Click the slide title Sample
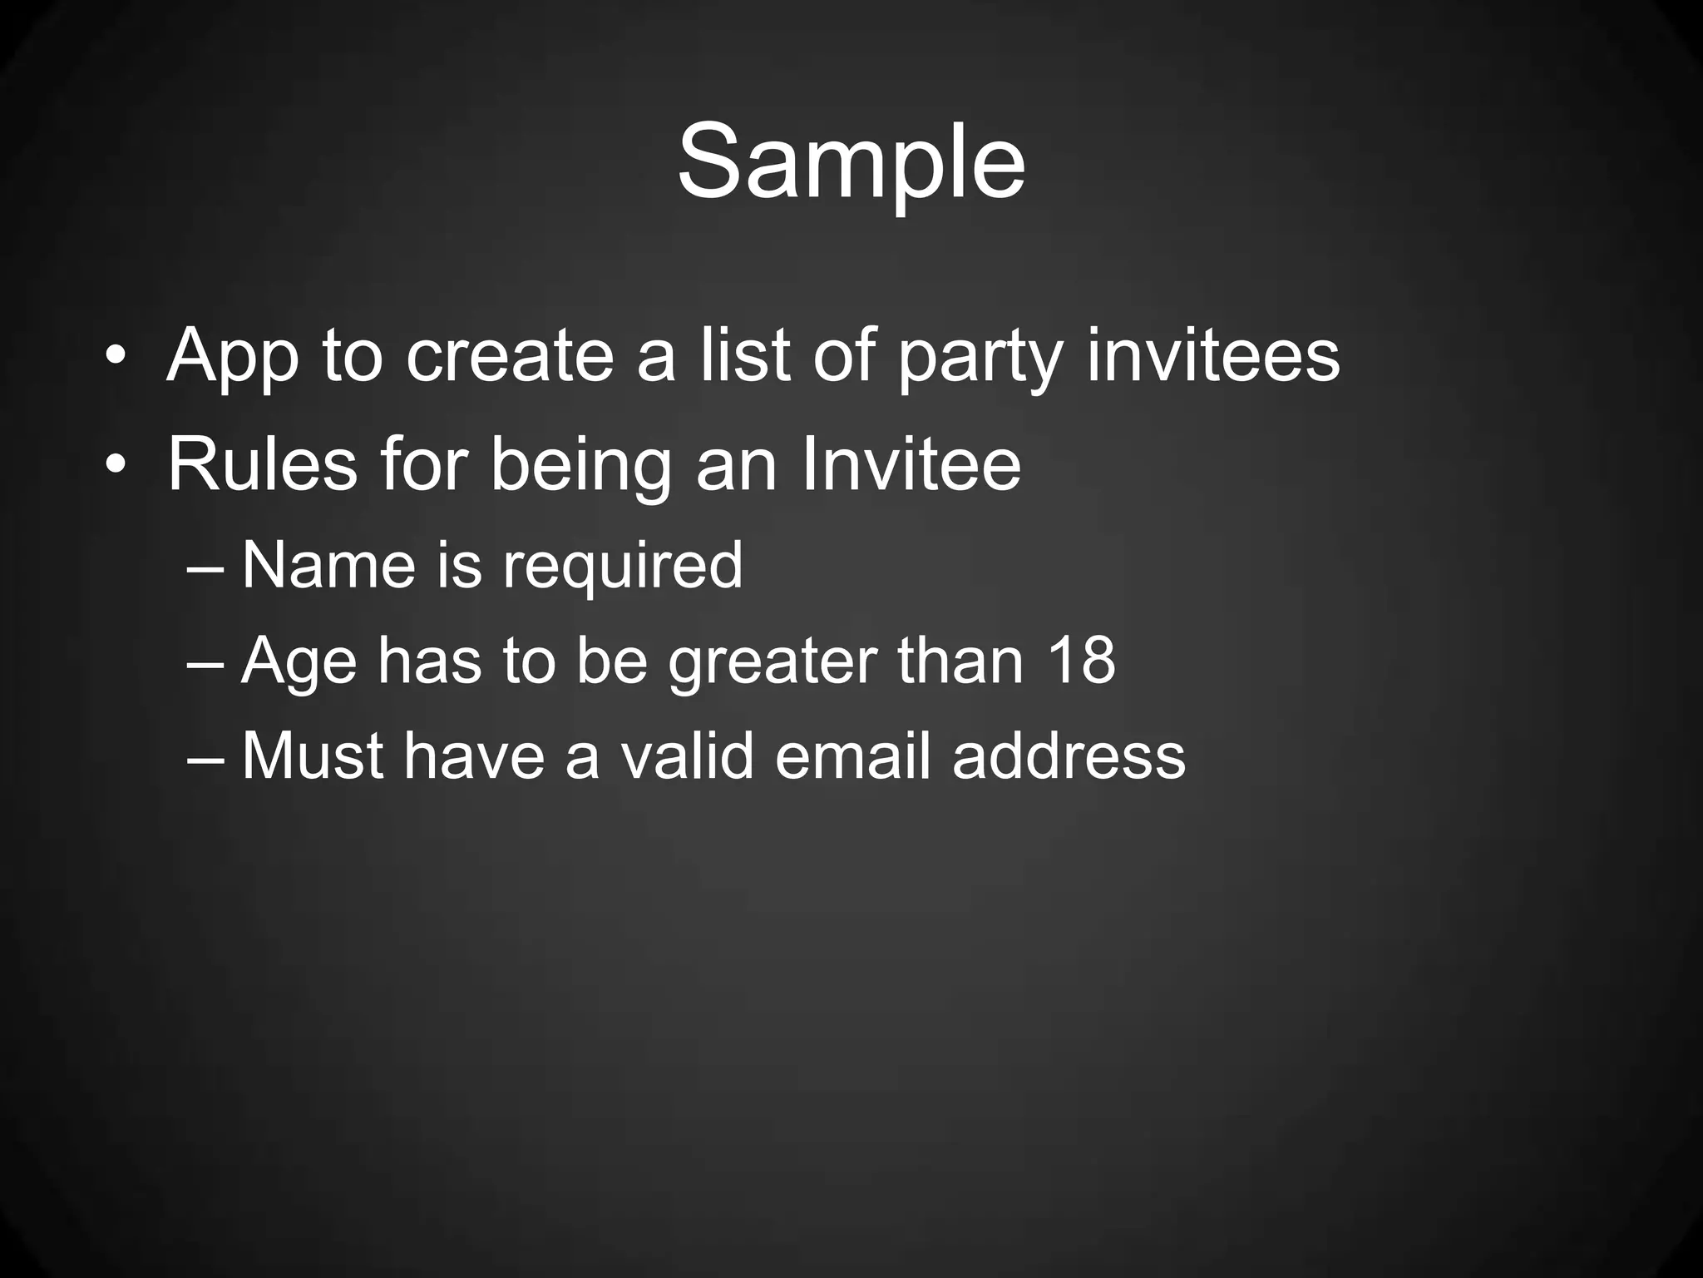pos(851,162)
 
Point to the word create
pos(509,355)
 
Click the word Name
pos(328,565)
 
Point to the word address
pos(1069,756)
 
